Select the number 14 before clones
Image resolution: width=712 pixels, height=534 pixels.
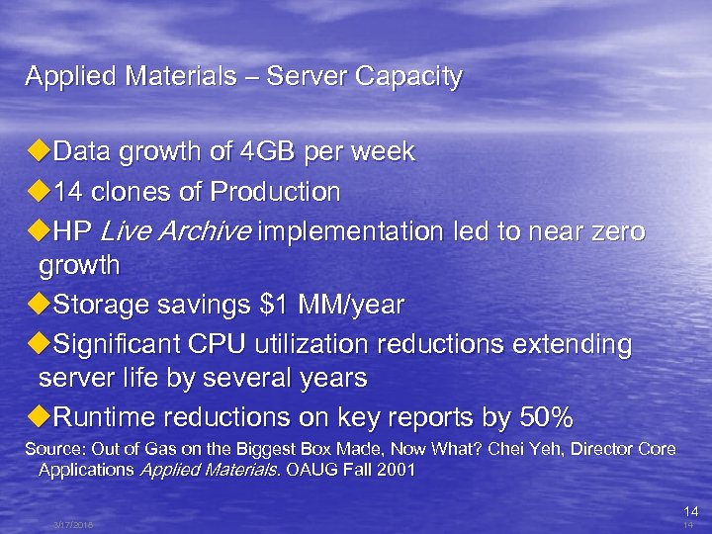68,191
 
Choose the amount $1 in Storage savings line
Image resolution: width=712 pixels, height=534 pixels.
269,306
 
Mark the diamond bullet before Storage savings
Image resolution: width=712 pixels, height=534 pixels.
38,305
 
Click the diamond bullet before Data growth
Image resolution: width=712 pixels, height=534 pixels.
38,152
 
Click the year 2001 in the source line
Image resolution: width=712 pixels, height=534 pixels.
399,471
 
